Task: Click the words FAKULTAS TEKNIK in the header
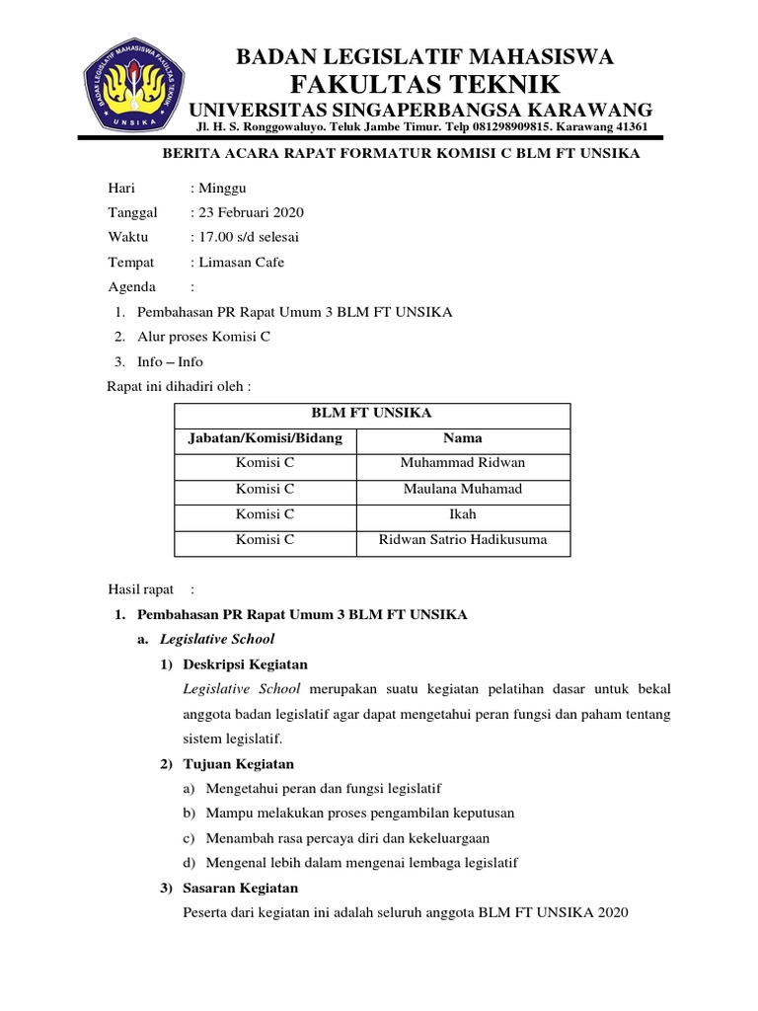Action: point(424,83)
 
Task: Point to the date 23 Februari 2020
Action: point(251,212)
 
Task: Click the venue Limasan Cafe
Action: point(241,262)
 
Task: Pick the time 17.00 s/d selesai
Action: point(249,237)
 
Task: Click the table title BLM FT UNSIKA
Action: point(371,414)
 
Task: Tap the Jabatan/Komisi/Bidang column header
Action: point(265,438)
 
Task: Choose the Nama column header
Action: point(463,438)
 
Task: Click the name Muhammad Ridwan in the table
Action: point(463,463)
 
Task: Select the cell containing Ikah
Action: point(463,514)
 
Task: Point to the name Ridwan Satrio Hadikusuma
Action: point(463,540)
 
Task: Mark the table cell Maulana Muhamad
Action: point(463,489)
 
